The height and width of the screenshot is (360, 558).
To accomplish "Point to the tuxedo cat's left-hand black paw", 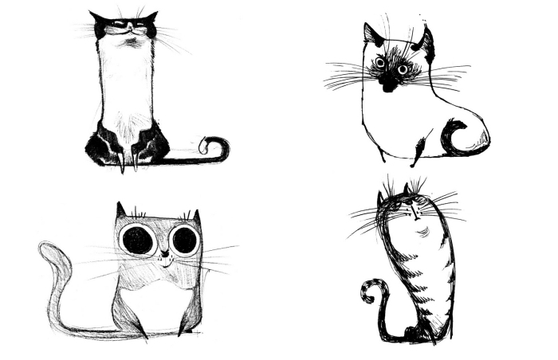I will (x=103, y=147).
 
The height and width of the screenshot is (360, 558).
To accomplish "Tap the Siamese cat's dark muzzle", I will (x=389, y=80).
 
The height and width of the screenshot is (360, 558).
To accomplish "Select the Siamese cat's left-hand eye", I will (x=379, y=62).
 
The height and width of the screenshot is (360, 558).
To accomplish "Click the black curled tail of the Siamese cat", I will (x=456, y=137).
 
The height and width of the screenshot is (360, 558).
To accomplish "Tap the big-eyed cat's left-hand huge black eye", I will (x=138, y=240).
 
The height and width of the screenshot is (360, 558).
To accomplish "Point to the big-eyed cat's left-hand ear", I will (x=121, y=211).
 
